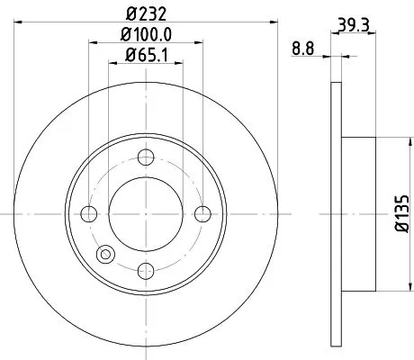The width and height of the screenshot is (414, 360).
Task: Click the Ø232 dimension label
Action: (x=146, y=13)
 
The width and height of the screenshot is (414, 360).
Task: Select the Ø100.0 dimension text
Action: (x=146, y=37)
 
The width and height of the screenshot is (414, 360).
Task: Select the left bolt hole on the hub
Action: (x=89, y=213)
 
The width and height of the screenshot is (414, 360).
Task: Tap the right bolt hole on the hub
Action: (x=202, y=213)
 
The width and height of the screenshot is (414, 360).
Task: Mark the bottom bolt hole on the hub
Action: (x=146, y=270)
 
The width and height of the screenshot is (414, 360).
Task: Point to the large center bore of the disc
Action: (x=146, y=213)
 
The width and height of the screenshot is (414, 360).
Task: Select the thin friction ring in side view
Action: (x=336, y=213)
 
